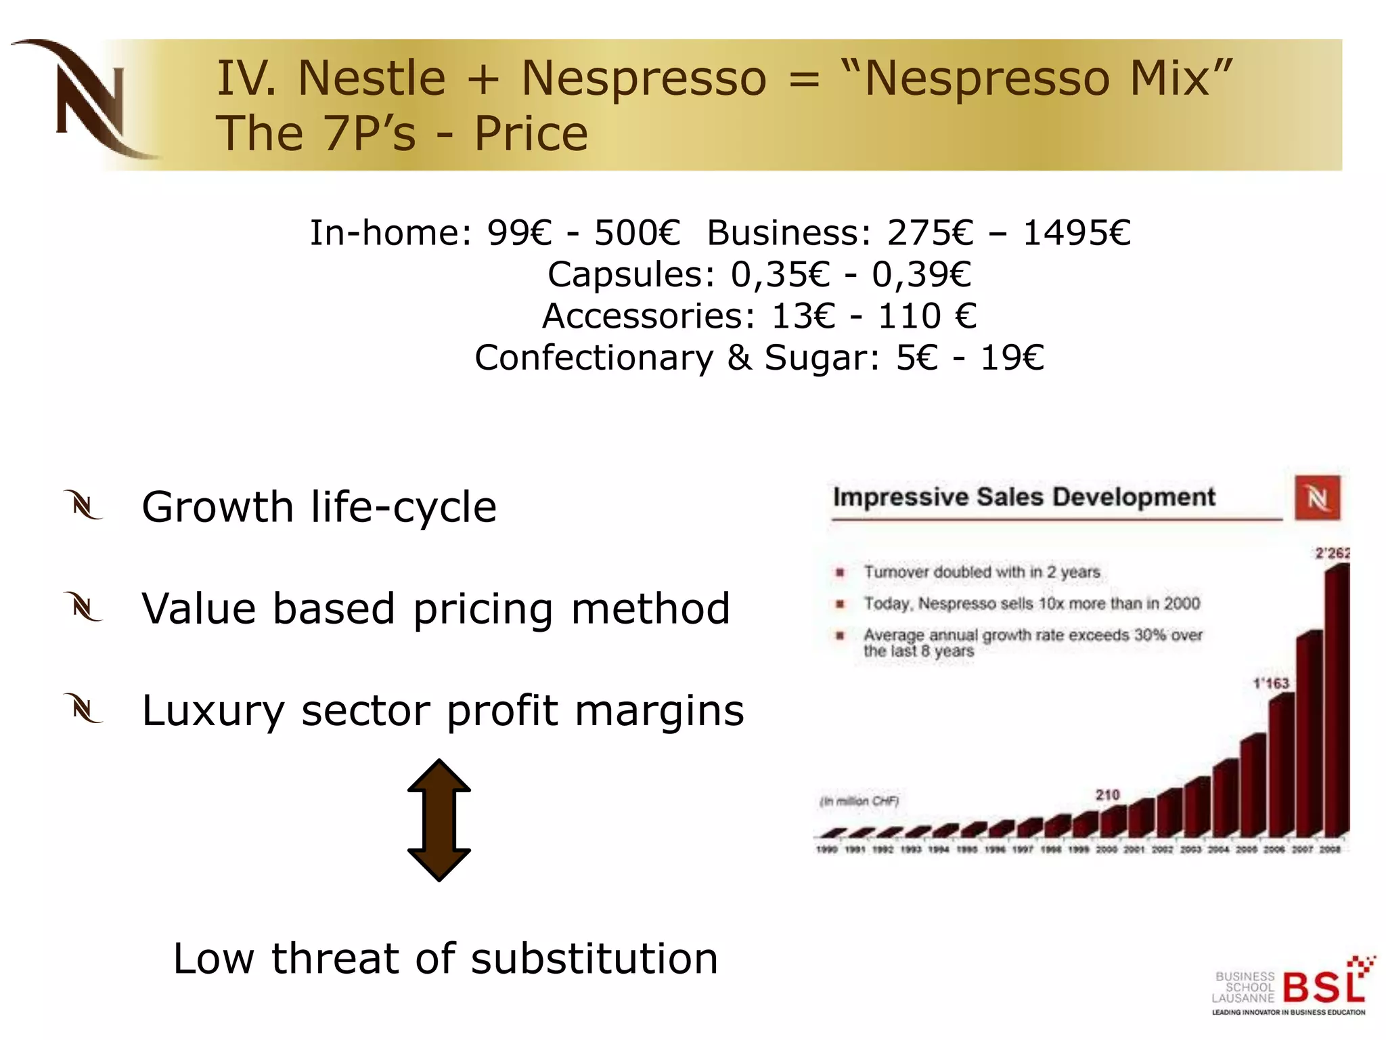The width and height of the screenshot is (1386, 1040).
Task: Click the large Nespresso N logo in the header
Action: click(88, 100)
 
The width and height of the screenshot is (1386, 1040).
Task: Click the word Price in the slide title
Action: click(531, 133)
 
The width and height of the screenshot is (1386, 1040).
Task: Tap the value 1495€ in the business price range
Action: click(1076, 233)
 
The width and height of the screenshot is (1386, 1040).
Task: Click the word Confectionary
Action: click(594, 357)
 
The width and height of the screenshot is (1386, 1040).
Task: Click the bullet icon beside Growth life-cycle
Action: click(84, 506)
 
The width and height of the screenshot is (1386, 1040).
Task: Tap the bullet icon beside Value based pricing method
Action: click(84, 607)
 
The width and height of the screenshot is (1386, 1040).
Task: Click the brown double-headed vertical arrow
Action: click(439, 819)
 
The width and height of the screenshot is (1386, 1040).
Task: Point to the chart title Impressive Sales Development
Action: click(1024, 497)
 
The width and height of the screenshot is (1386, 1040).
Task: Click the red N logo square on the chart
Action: click(1317, 498)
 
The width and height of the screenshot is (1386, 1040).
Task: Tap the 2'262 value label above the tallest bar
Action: click(1331, 553)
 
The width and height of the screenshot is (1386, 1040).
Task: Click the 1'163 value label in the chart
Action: click(1271, 683)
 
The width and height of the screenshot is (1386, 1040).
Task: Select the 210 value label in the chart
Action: click(1107, 794)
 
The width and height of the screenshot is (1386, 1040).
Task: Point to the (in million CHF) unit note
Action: click(859, 802)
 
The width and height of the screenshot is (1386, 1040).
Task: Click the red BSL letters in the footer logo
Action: click(1323, 987)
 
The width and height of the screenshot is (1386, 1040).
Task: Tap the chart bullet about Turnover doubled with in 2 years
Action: click(981, 572)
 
